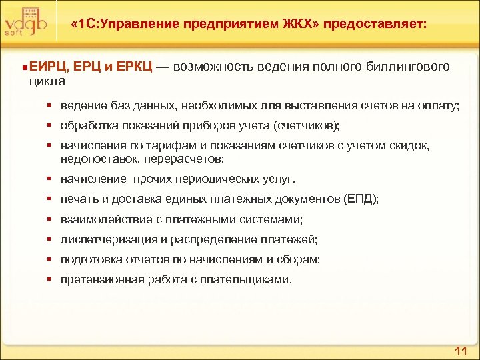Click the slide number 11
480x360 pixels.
click(461, 351)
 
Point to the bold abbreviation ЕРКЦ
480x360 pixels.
click(135, 67)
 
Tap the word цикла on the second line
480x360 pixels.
click(47, 81)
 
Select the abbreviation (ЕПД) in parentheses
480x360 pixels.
click(361, 199)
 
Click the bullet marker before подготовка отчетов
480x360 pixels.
click(50, 259)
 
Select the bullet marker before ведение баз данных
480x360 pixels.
click(50, 105)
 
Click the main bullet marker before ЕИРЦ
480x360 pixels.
click(24, 67)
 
